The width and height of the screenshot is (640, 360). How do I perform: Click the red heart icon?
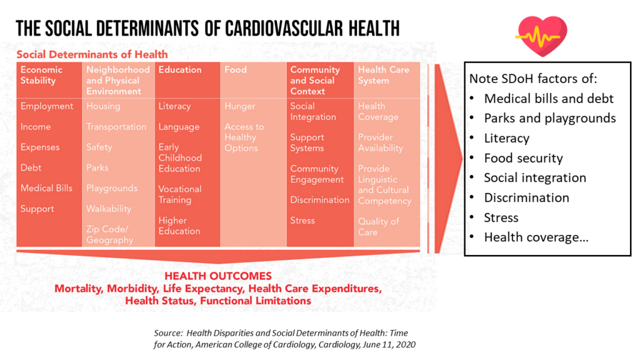click(x=541, y=36)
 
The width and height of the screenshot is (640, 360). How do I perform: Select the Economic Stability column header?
click(x=42, y=75)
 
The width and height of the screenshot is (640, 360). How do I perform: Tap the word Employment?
click(x=47, y=106)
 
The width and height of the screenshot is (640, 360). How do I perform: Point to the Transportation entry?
click(x=116, y=127)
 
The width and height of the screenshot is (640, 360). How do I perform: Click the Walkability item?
click(x=109, y=209)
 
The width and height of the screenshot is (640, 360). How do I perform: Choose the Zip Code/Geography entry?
click(x=109, y=234)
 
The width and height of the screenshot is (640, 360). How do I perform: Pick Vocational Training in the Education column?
click(x=179, y=194)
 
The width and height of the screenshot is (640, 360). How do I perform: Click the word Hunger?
click(x=240, y=106)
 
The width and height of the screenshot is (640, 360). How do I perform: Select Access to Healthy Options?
click(x=244, y=137)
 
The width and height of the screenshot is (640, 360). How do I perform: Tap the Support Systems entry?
click(x=307, y=142)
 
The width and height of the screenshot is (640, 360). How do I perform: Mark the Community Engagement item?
click(x=317, y=174)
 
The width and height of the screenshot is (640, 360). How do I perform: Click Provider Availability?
click(x=380, y=142)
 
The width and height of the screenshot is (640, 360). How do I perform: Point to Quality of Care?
click(x=378, y=226)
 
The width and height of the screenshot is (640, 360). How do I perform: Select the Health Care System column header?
click(x=383, y=75)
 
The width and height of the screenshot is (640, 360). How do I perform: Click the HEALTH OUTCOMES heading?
click(x=217, y=276)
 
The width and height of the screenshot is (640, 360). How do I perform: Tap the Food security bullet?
click(x=523, y=157)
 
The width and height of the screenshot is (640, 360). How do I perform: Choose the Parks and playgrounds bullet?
click(x=549, y=118)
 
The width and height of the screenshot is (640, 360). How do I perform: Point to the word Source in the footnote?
click(x=168, y=333)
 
